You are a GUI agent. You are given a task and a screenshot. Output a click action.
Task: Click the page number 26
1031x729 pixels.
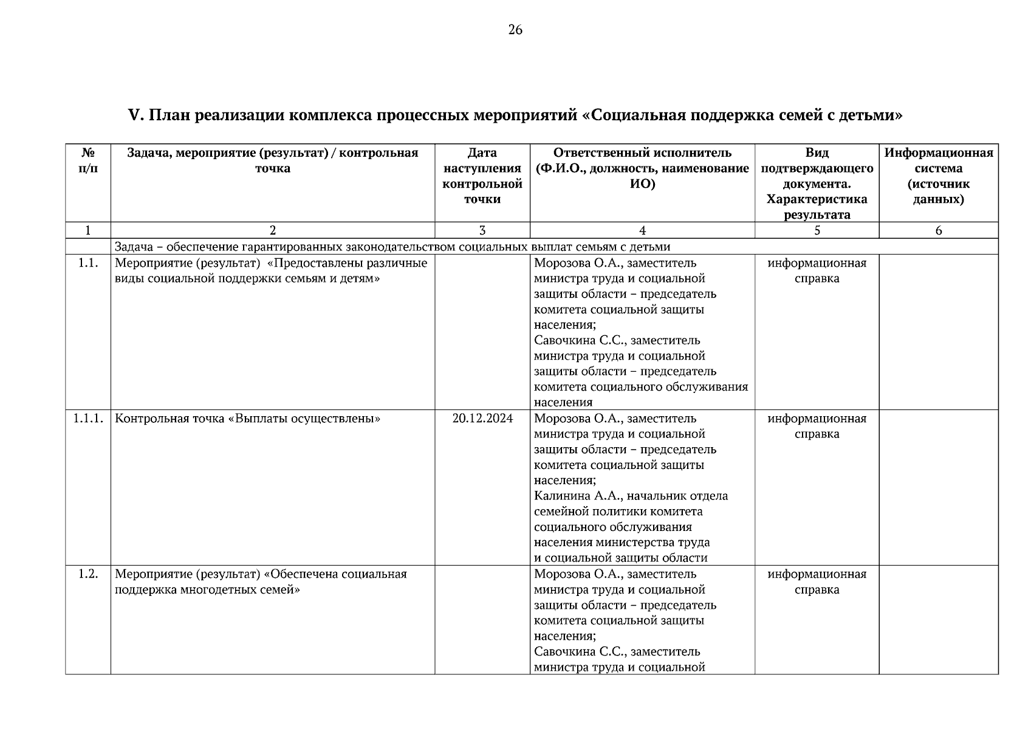515,30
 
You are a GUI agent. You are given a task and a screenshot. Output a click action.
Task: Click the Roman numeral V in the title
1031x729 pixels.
134,115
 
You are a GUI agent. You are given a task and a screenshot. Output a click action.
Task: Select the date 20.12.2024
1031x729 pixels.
482,419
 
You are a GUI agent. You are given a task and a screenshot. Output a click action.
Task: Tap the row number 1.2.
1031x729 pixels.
88,574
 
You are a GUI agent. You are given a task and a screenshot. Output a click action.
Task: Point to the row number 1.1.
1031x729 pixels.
88,263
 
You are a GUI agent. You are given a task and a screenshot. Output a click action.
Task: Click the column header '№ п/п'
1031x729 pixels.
88,160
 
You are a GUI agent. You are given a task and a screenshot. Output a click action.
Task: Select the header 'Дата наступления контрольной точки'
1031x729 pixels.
482,176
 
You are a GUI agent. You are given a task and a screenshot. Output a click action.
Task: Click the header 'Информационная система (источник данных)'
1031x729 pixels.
938,176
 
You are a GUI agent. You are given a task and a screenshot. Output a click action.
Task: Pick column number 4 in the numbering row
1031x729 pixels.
642,230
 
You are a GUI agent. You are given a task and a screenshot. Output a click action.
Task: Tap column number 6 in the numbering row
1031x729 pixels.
938,230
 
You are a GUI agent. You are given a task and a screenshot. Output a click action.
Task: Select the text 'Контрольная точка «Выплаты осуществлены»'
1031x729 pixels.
248,419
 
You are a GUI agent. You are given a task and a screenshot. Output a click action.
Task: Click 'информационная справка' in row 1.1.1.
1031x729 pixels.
817,426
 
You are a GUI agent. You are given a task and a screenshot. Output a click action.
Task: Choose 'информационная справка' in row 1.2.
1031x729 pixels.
817,581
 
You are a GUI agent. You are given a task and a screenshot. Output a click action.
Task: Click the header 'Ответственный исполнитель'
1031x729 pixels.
642,153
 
